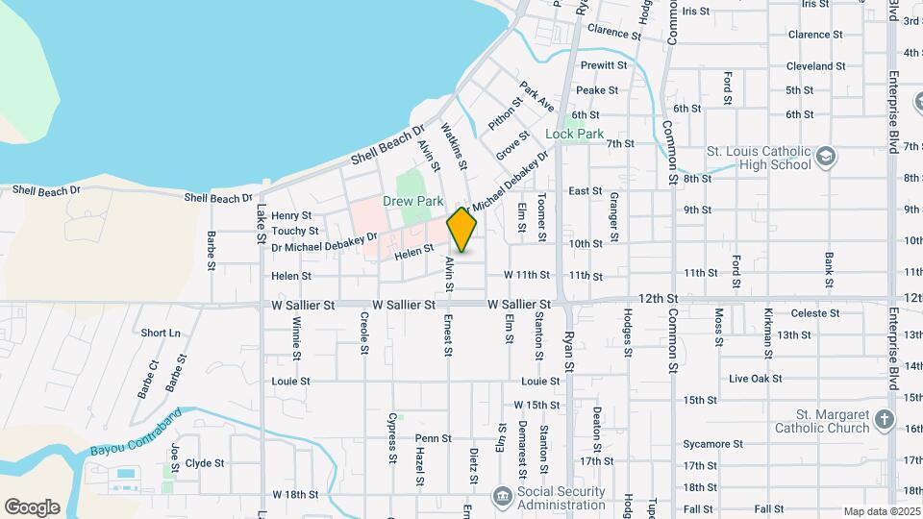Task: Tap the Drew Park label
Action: tap(412, 201)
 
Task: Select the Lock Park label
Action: tap(575, 134)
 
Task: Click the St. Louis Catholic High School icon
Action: tap(825, 158)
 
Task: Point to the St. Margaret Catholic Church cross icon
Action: tap(885, 420)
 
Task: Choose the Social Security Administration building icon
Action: tap(502, 496)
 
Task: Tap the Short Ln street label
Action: tap(161, 333)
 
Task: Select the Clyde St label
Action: tap(205, 462)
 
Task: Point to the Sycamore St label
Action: tap(712, 444)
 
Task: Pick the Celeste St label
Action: tap(816, 313)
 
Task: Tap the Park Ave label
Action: tap(537, 96)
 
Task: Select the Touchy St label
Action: tap(294, 231)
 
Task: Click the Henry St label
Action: tap(292, 215)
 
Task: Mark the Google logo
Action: tap(32, 507)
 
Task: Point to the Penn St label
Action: tap(434, 438)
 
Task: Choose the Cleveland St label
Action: tap(815, 66)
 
